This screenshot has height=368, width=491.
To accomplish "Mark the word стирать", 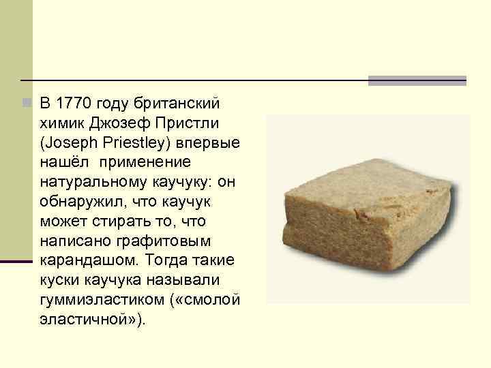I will point(113,222).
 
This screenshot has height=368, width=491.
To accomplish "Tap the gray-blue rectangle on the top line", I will point(417,80).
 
